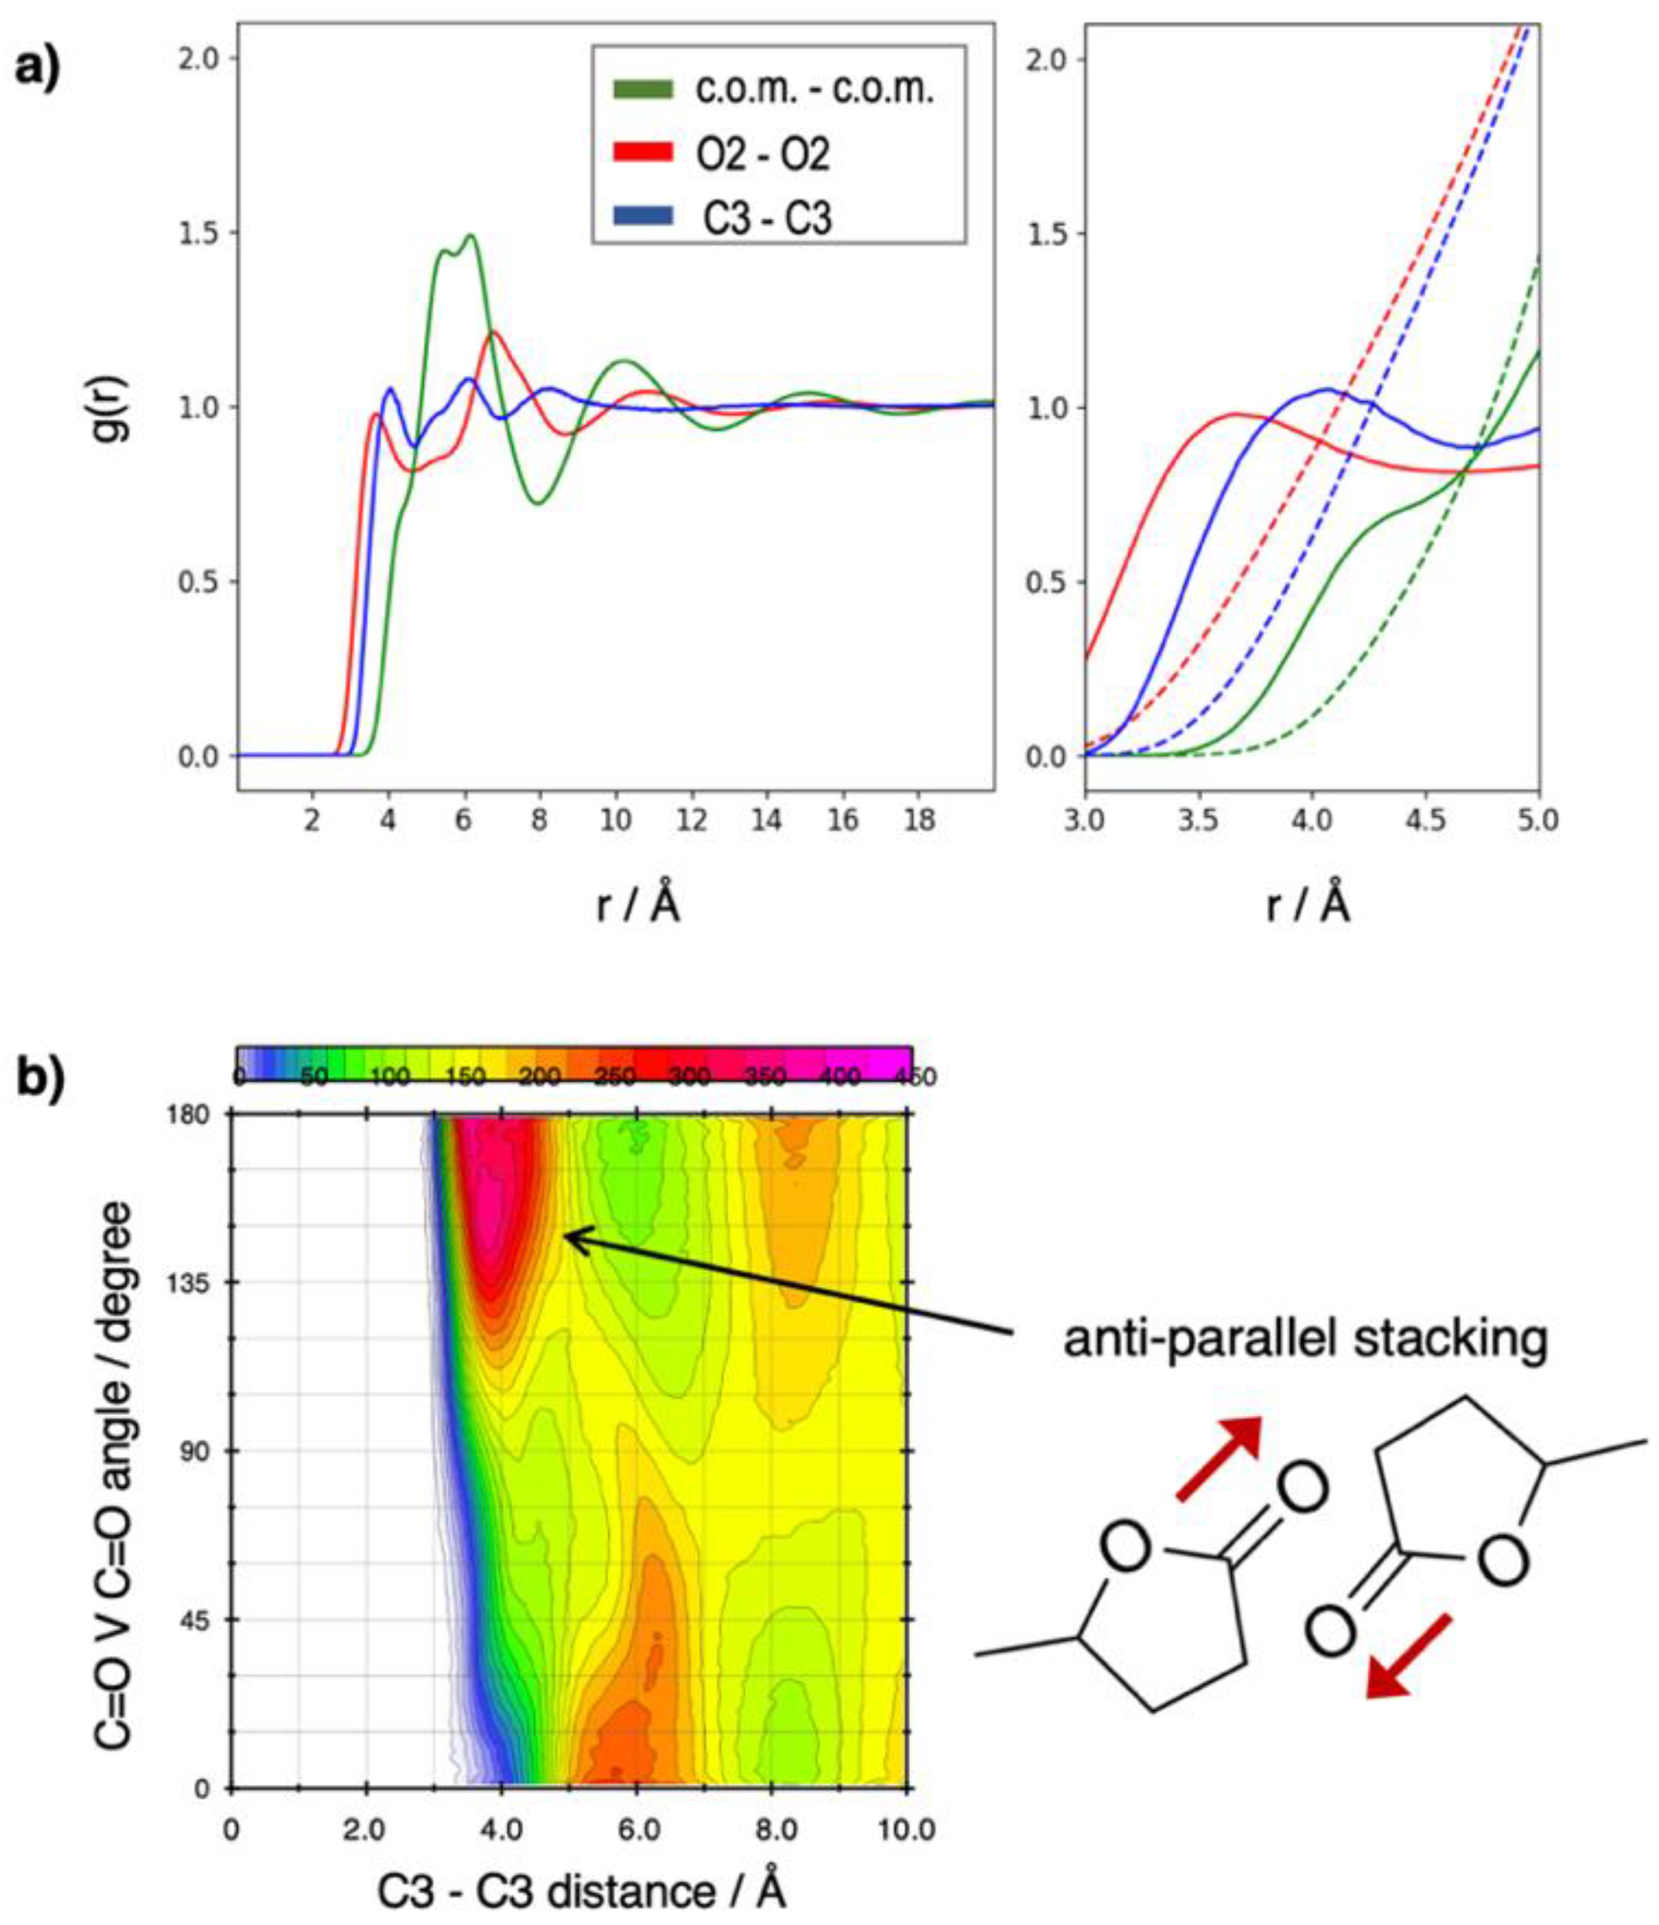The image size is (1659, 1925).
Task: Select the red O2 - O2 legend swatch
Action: click(642, 153)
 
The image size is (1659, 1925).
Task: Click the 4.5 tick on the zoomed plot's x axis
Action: click(1425, 821)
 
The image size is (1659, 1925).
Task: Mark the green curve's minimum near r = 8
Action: click(538, 502)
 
